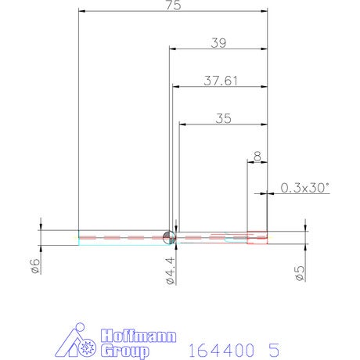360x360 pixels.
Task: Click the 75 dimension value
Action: (174, 5)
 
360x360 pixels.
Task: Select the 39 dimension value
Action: (218, 43)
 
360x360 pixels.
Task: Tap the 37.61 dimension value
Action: (221, 81)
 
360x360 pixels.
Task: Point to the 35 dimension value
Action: (223, 118)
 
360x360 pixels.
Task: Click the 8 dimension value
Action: (257, 157)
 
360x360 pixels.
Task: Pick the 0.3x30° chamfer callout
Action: (304, 188)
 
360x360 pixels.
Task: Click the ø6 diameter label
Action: (36, 266)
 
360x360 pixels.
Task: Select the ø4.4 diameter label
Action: (170, 271)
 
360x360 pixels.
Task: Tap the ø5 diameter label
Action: (300, 273)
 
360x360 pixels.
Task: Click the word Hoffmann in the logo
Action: (139, 336)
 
